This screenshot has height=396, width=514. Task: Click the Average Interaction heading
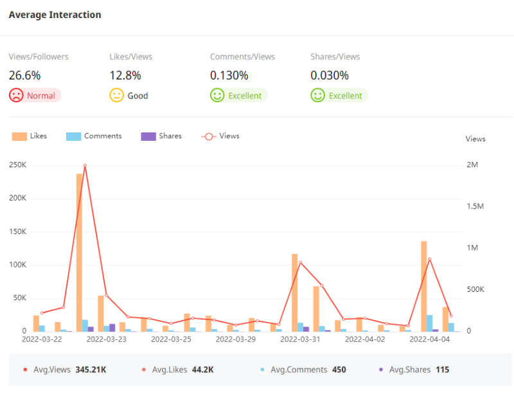pos(55,15)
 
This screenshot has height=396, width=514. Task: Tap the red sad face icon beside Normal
pos(16,96)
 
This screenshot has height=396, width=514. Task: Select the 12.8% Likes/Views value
pos(125,76)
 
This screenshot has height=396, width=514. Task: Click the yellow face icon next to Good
pos(116,96)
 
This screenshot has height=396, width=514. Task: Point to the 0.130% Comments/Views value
pos(229,76)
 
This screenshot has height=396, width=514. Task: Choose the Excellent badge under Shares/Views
pos(339,96)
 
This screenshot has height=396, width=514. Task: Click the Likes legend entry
pos(30,136)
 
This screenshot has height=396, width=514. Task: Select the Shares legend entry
pos(161,136)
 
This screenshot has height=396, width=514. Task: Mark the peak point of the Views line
pos(85,166)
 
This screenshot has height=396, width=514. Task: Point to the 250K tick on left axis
pos(17,165)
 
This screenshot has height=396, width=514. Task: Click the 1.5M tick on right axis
pos(475,206)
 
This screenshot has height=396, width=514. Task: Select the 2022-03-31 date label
pos(300,339)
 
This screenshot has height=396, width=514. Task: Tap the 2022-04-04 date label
pos(429,339)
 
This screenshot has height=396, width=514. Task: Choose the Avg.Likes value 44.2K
pos(202,370)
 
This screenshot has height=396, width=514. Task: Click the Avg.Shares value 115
pos(442,370)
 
